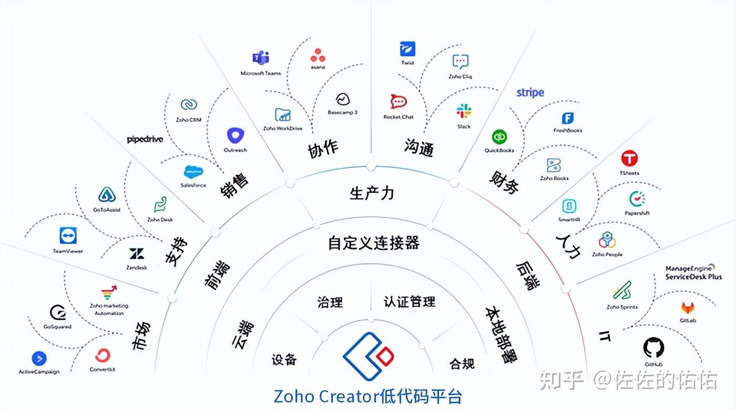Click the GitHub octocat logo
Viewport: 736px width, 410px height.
pos(653,347)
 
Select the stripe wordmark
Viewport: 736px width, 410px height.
pos(530,93)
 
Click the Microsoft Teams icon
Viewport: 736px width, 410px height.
pos(261,59)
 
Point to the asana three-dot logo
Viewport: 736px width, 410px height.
pos(318,55)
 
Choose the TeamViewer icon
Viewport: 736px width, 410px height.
pos(68,237)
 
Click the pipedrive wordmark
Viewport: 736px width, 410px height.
pos(145,139)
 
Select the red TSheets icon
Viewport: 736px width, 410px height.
pos(629,159)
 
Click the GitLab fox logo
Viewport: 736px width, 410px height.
pos(688,307)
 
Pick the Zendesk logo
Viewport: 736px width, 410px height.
pos(137,254)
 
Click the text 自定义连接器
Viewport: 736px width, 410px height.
pos(373,243)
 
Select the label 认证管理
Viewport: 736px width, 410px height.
pos(410,302)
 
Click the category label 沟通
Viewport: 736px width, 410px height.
pos(419,148)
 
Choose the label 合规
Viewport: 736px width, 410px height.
pos(462,363)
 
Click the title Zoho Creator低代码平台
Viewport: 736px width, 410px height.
pos(368,395)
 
